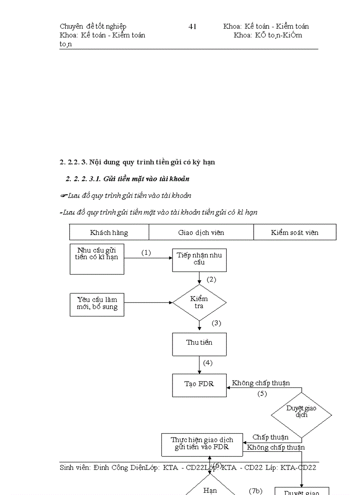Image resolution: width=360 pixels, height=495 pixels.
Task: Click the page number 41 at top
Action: (192, 26)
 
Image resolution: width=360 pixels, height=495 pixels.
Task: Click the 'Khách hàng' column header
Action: (109, 232)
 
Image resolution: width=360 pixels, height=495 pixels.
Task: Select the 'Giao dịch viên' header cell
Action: (201, 232)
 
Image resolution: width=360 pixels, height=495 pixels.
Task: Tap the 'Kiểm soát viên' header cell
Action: (295, 232)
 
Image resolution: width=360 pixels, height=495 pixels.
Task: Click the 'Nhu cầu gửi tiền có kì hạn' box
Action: (97, 259)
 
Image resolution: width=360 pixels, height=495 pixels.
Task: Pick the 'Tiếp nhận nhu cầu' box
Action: (199, 259)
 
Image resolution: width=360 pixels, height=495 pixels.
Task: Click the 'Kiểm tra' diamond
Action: (199, 302)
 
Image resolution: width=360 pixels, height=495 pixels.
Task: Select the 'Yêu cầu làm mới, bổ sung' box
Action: (97, 304)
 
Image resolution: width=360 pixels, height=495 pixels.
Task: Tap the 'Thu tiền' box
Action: (199, 343)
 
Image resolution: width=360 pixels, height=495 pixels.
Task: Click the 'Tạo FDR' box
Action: (199, 384)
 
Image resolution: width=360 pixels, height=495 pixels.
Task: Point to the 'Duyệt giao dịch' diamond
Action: (301, 412)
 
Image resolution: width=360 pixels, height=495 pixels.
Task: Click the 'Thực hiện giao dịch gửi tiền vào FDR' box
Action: (202, 444)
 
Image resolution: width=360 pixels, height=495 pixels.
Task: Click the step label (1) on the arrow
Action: (146, 253)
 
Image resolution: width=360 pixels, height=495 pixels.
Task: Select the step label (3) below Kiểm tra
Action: (216, 323)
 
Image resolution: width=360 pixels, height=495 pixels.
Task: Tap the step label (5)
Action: (262, 394)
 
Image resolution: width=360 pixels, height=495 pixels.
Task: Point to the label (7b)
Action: (255, 491)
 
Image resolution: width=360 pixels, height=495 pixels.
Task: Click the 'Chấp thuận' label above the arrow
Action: (270, 437)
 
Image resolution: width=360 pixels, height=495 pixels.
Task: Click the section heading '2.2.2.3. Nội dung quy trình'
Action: (137, 162)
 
